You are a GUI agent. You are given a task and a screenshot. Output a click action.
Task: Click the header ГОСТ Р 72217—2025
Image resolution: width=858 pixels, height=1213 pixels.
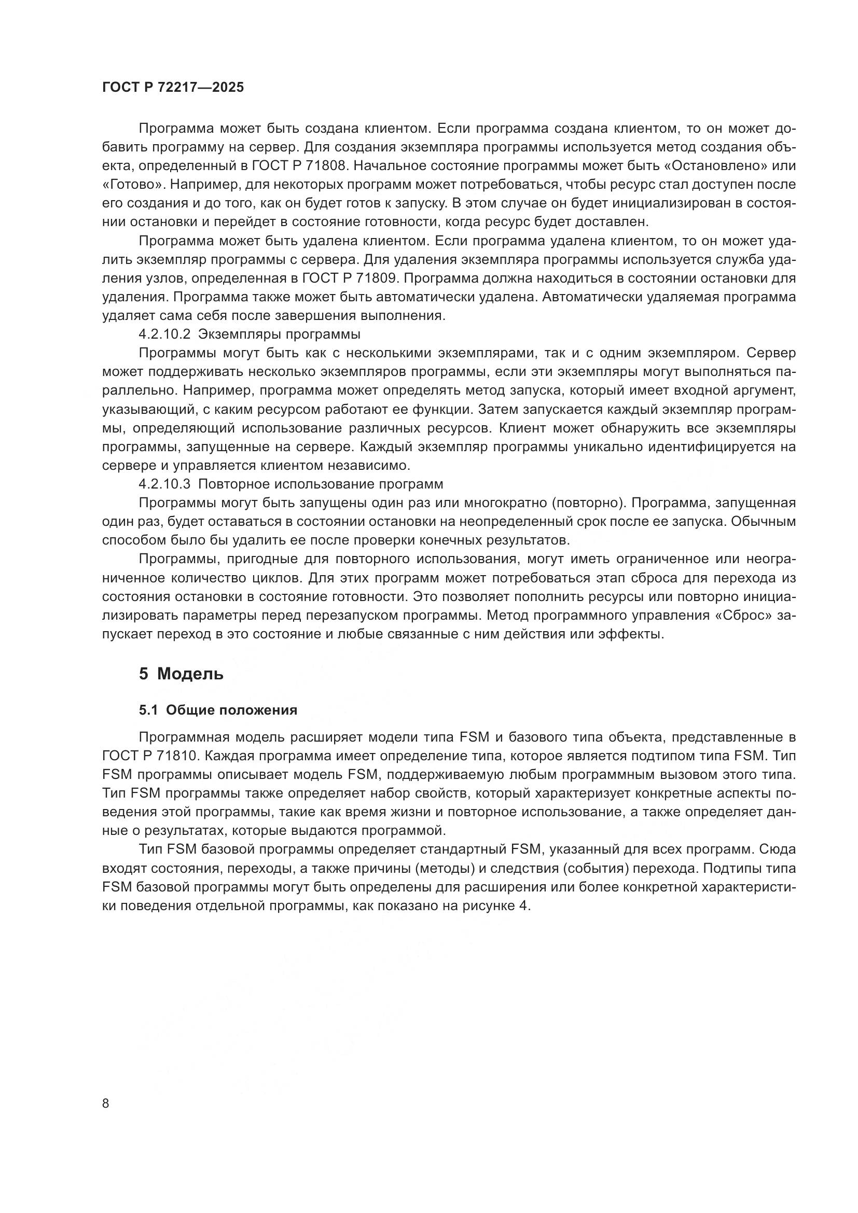(173, 88)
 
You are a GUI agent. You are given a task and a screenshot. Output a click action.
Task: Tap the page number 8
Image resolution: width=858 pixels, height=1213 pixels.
(106, 1104)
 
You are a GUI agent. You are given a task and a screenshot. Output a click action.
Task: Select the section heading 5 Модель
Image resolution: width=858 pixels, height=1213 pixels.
(181, 674)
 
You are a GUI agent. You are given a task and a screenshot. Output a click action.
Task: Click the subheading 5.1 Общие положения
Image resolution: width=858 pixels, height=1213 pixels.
(218, 710)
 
